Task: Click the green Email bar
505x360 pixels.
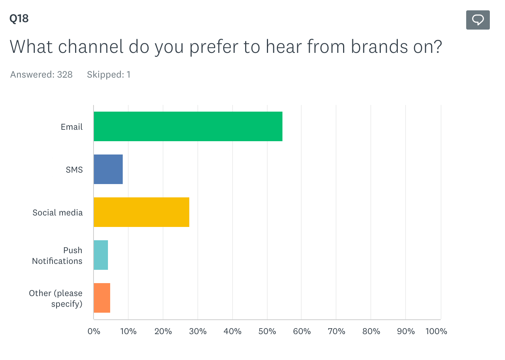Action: pos(188,126)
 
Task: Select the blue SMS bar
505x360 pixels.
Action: pos(108,169)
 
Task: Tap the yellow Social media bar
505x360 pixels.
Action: pos(141,212)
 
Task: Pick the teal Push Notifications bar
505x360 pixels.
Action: pos(101,255)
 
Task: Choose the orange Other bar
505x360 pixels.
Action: pos(102,298)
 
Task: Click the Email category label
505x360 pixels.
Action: pos(72,127)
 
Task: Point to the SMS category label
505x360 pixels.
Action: pos(74,170)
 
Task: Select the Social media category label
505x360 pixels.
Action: pos(58,213)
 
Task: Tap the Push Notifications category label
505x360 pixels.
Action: pos(57,255)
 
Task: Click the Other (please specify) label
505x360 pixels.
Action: pos(56,298)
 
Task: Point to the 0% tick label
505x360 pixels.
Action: pos(94,331)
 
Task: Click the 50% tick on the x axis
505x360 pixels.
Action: pos(267,331)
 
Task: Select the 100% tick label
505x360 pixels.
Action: pos(436,331)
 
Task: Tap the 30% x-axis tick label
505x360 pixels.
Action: pos(198,331)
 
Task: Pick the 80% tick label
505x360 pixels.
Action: pos(371,331)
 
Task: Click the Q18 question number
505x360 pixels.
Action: pos(19,18)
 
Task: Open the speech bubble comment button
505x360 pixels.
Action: pos(478,20)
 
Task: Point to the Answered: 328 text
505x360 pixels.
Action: pos(41,75)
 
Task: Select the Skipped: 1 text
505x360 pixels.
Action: pos(108,75)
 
